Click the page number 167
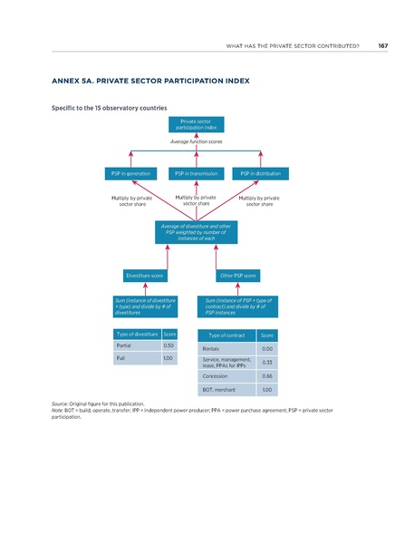[382, 45]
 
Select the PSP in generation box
[130, 172]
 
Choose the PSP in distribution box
[259, 172]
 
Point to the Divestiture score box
[145, 275]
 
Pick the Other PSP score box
[237, 275]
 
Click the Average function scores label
[197, 142]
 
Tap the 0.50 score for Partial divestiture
[168, 345]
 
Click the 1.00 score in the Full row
[168, 358]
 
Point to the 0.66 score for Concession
[266, 375]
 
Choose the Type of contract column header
[226, 335]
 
